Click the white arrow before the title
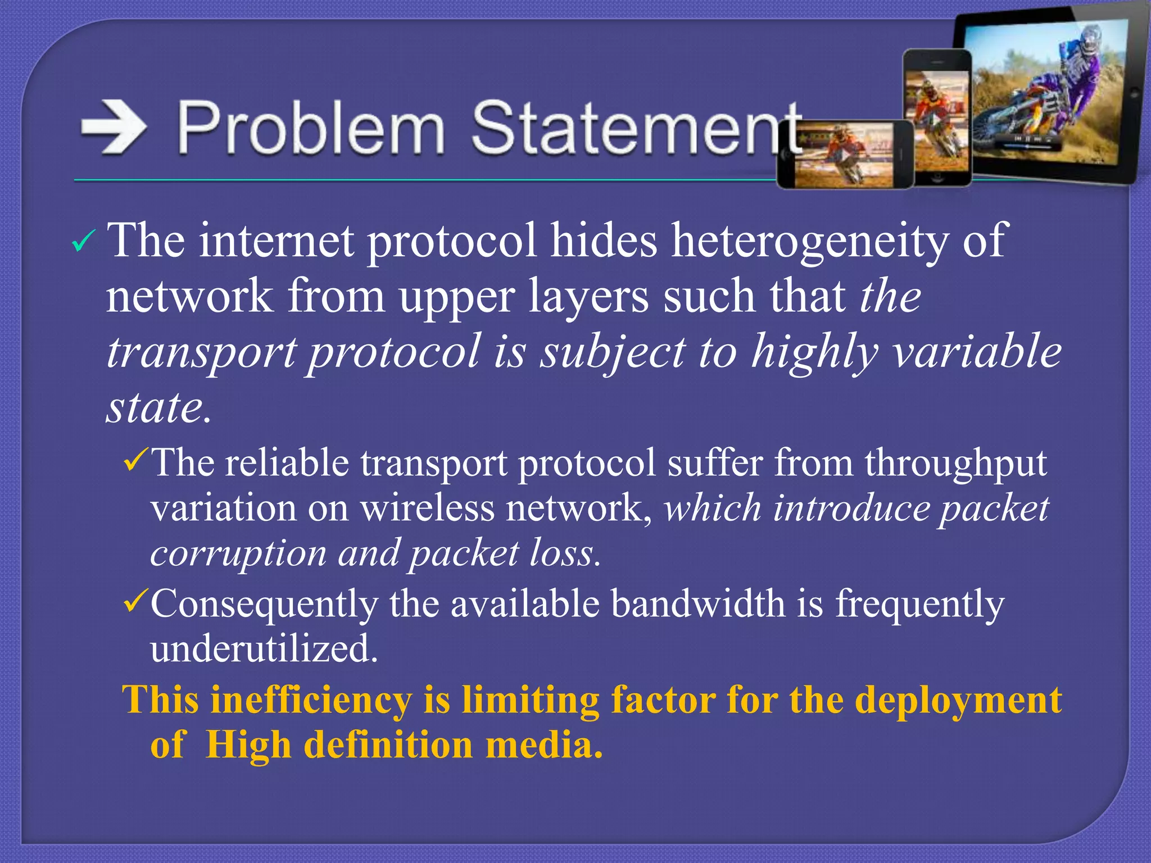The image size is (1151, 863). coord(114,128)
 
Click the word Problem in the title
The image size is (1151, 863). coord(311,128)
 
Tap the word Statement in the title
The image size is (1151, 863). coord(635,128)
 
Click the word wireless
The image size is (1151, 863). coord(427,508)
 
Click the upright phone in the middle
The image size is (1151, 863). coord(937,118)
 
